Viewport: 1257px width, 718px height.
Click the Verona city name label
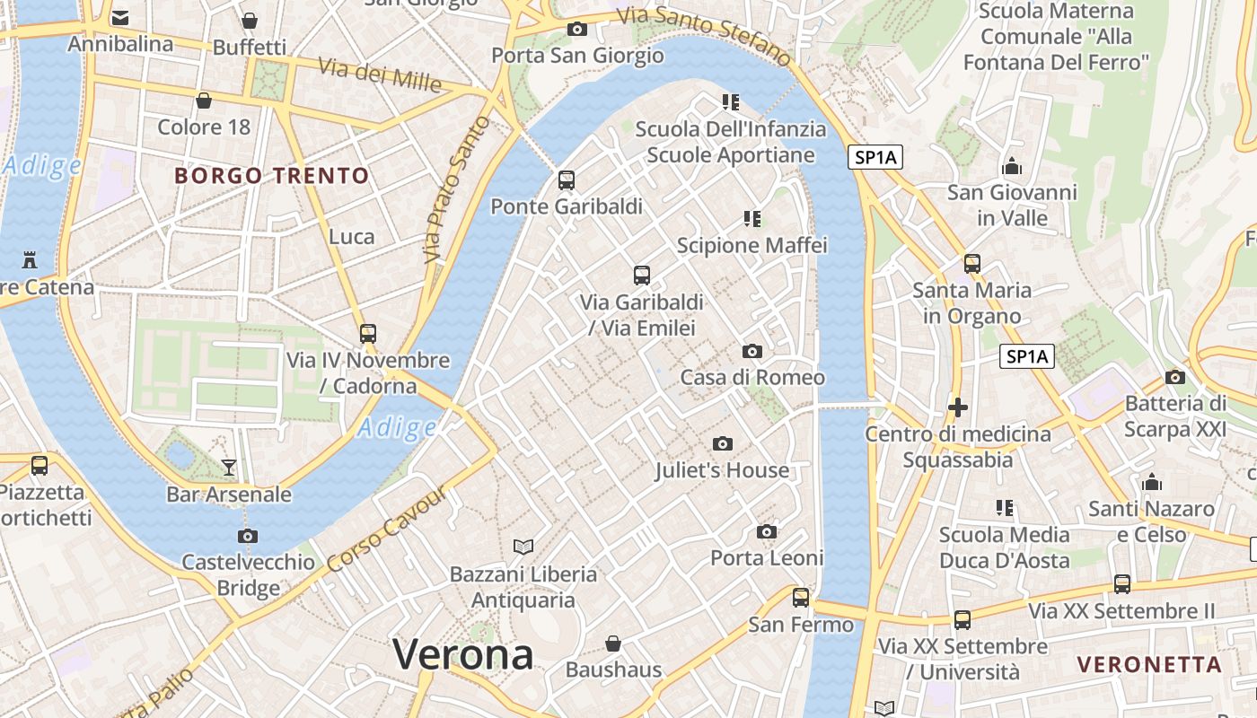point(462,654)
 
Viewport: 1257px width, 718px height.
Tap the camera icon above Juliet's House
point(722,443)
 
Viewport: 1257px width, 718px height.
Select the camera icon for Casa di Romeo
point(752,351)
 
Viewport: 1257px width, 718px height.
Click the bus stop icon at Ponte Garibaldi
point(566,179)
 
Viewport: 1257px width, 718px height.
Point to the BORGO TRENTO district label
point(272,175)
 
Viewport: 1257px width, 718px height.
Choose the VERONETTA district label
point(1149,665)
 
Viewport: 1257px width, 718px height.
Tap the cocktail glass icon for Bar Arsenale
point(229,467)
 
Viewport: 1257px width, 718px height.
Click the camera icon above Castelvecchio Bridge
point(248,536)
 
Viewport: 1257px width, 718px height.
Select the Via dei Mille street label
point(380,75)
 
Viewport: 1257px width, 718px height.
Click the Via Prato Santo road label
point(458,189)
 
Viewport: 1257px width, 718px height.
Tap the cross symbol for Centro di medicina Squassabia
point(958,407)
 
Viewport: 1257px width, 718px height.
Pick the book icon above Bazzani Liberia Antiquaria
point(523,546)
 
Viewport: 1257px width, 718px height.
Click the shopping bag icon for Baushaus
point(613,644)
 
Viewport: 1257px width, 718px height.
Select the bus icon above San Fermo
point(800,597)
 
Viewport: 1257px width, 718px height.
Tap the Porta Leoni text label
point(767,558)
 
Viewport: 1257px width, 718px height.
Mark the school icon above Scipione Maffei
point(752,218)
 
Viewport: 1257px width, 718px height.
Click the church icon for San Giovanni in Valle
point(1012,166)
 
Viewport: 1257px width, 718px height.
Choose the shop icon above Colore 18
point(204,100)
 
